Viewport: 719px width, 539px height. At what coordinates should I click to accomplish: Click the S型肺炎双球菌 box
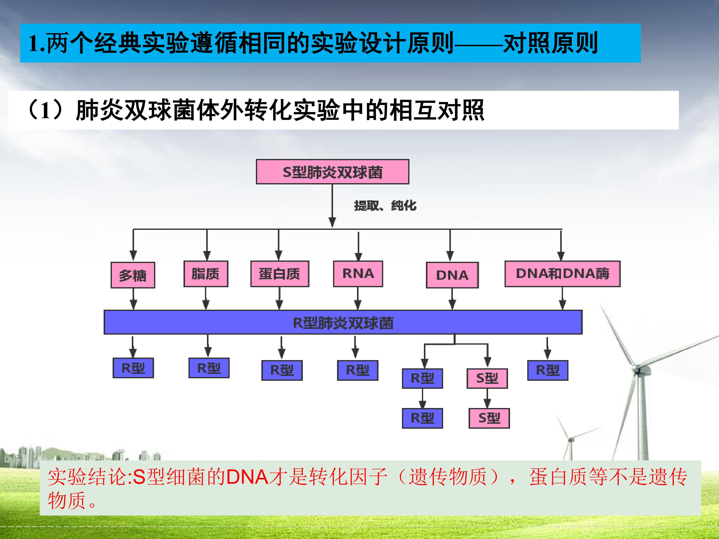click(332, 171)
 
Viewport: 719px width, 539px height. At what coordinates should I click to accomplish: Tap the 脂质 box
click(205, 273)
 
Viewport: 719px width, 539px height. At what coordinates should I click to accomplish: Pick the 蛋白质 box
click(280, 273)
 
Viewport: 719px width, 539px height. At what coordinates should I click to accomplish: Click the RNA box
click(358, 273)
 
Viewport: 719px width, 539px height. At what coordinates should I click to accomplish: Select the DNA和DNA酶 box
click(562, 273)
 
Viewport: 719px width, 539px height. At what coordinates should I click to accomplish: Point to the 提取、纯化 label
click(385, 205)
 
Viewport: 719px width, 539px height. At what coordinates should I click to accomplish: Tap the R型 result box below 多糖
click(133, 368)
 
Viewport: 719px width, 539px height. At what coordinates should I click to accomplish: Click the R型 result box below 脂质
click(209, 368)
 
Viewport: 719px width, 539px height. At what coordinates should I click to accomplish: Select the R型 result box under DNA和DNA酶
click(547, 370)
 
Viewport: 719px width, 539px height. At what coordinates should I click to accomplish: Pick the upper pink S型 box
click(487, 378)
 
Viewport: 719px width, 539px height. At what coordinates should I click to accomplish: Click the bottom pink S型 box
click(489, 418)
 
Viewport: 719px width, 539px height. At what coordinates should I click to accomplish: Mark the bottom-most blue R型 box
click(422, 418)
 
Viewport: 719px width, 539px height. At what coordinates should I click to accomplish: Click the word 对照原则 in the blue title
click(550, 43)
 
